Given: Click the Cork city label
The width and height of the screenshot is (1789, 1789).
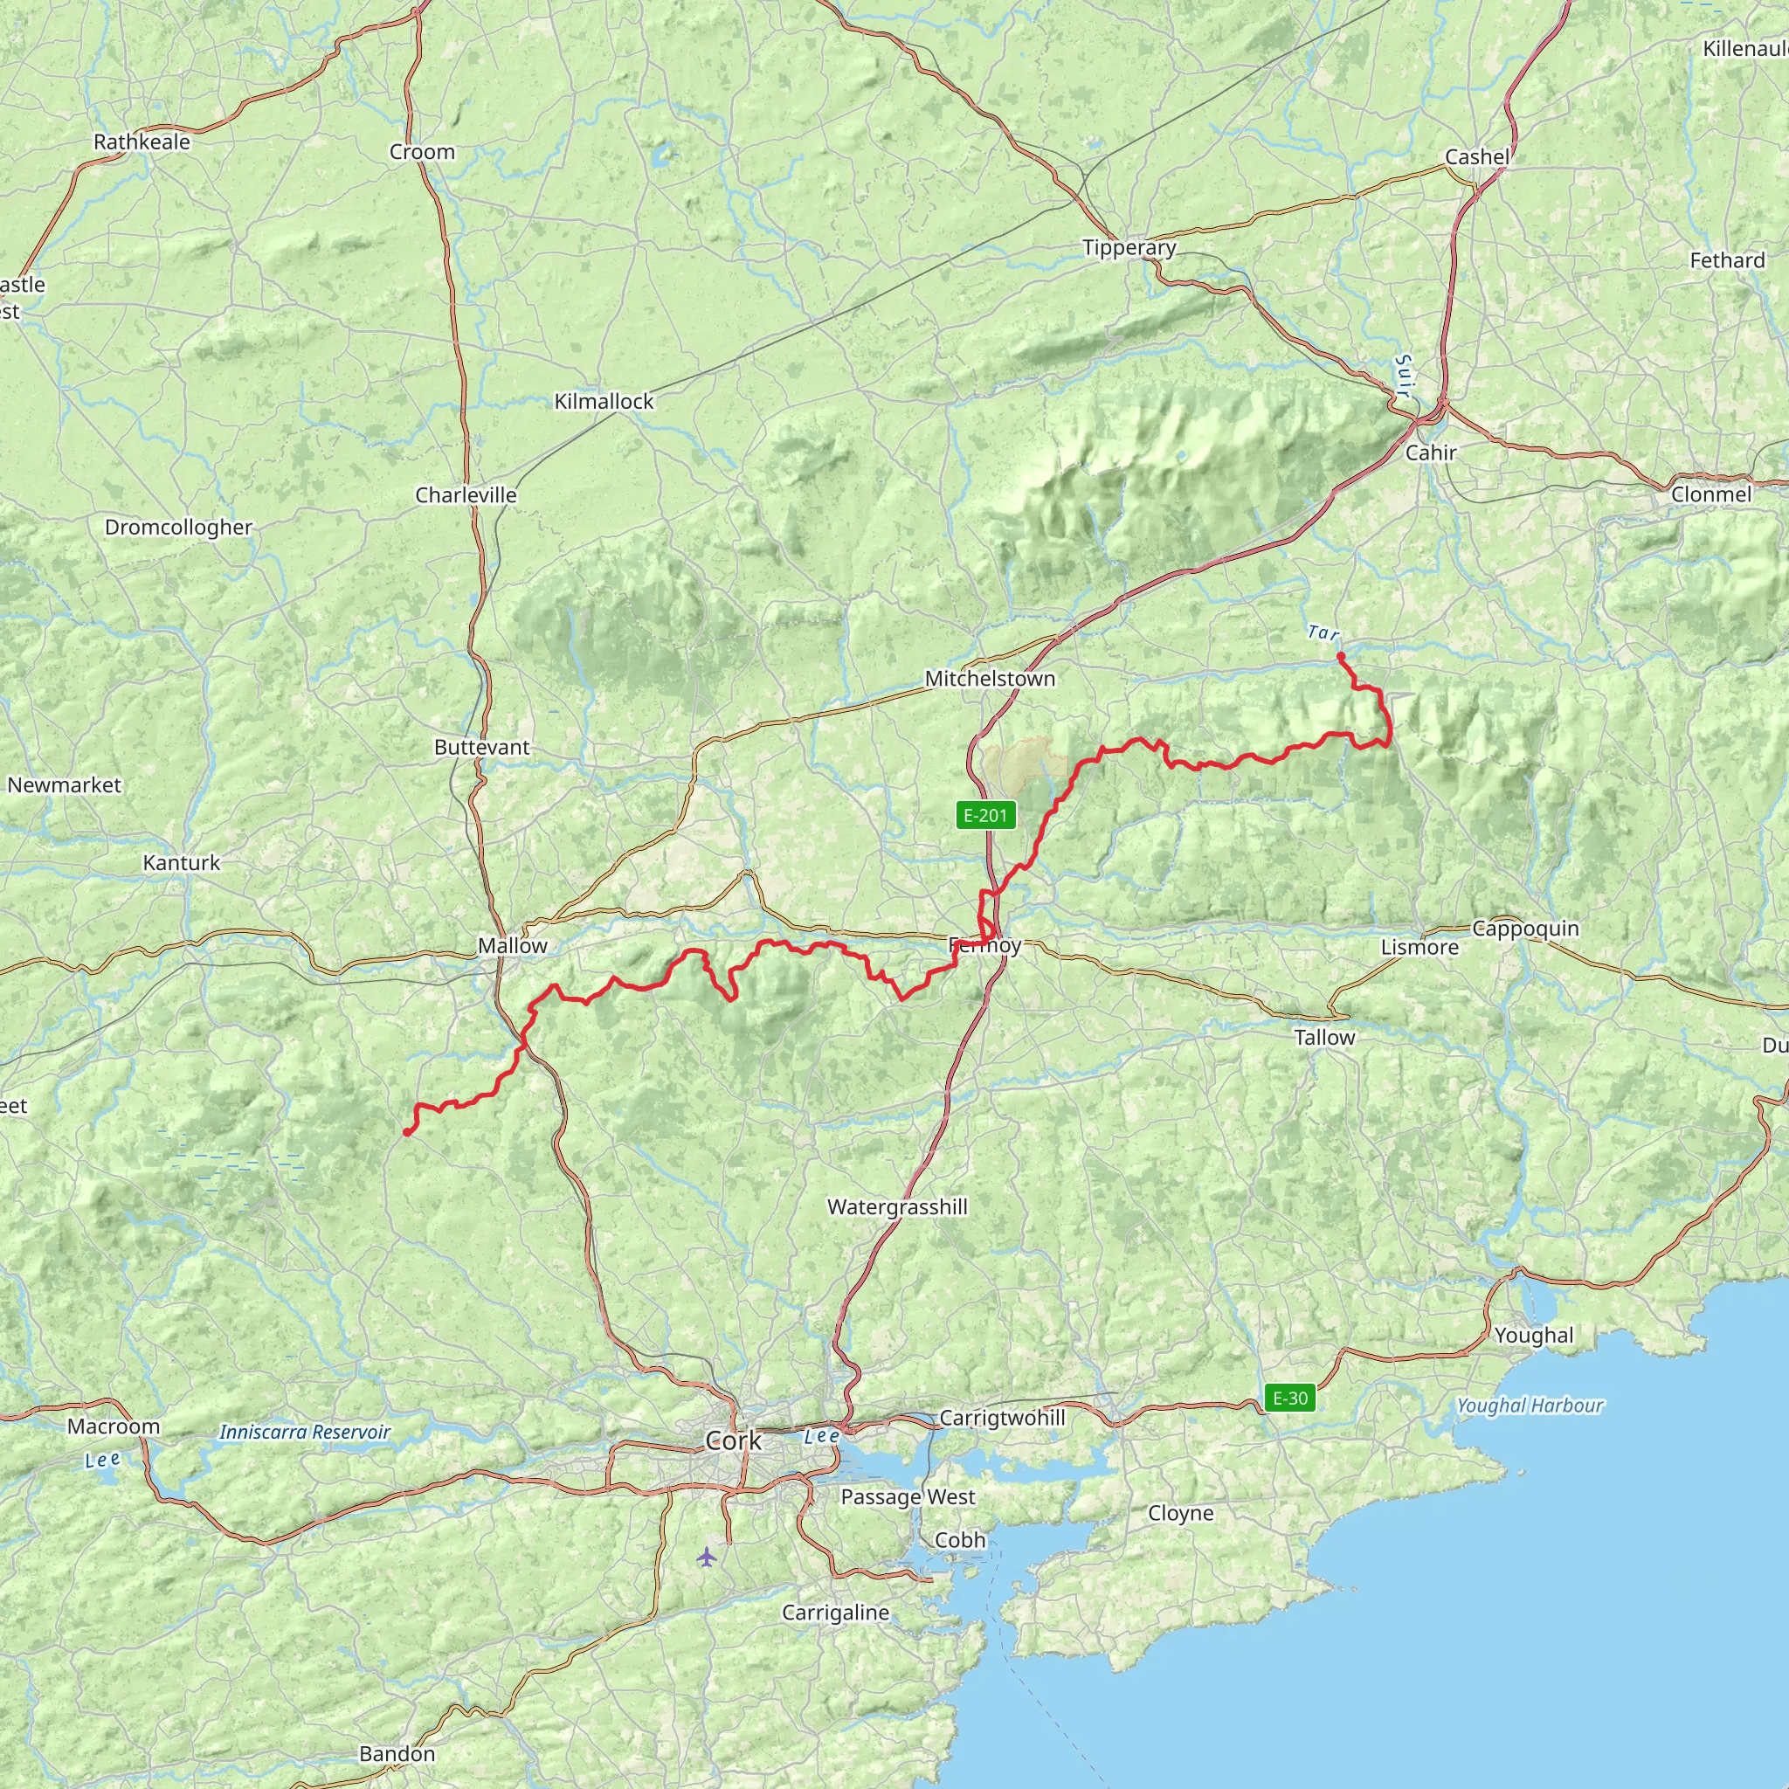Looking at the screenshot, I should [x=734, y=1440].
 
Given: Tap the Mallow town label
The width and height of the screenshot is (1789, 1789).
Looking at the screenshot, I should [x=512, y=945].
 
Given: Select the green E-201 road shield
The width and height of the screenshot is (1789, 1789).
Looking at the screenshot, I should [x=985, y=815].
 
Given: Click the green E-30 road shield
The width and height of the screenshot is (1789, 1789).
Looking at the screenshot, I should [x=1290, y=1398].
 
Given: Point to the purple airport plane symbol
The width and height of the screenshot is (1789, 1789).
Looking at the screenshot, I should [x=707, y=1557].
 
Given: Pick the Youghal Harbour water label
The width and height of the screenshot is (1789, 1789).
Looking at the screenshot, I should [x=1529, y=1406].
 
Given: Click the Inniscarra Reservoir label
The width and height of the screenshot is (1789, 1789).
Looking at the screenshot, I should [x=305, y=1432].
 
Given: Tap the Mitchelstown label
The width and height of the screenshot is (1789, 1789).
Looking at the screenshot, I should [x=990, y=679].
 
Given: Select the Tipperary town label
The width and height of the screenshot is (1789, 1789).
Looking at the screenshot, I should [x=1129, y=247].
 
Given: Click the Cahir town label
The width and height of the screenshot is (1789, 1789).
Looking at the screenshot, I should [x=1431, y=452].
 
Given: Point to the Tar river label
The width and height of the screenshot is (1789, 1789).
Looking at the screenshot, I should [x=1323, y=633].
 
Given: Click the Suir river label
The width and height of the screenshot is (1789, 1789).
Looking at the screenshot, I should [x=1404, y=376].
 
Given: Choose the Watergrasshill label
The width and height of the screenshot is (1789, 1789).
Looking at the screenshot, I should [x=897, y=1206].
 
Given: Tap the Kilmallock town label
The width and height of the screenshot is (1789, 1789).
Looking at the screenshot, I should [x=604, y=401].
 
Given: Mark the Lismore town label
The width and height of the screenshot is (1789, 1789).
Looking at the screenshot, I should [x=1419, y=946].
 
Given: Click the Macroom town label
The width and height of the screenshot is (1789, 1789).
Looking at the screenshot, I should [x=113, y=1426].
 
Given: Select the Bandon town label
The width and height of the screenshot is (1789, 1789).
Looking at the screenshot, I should [x=397, y=1753].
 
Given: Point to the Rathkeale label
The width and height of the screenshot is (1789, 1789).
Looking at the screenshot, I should [x=142, y=142].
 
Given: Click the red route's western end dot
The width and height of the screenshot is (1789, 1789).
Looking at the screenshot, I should [x=406, y=1131].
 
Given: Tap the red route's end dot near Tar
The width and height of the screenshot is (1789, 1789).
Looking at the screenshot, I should [x=1341, y=657].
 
